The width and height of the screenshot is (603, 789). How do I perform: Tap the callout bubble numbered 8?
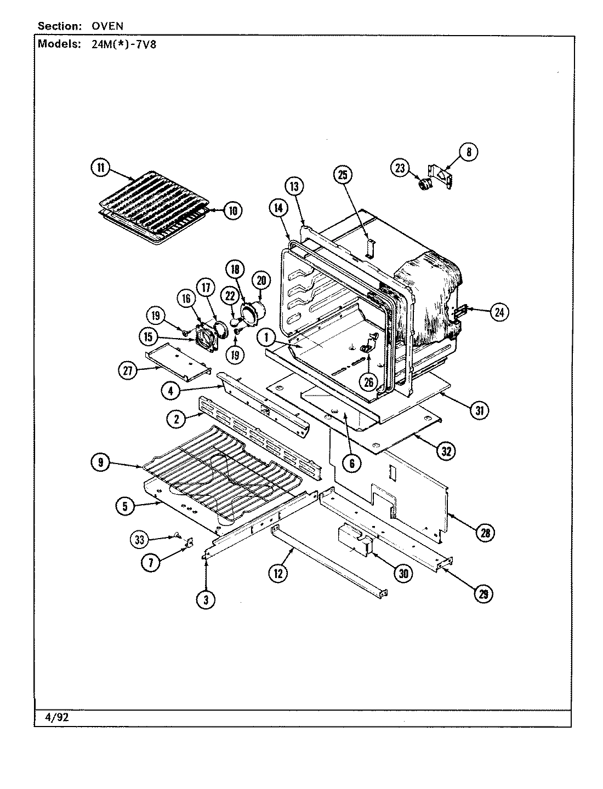469,152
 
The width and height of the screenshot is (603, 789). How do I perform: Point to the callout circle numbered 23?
400,168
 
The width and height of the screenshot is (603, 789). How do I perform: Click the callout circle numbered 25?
343,175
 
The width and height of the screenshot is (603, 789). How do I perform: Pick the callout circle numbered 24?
499,312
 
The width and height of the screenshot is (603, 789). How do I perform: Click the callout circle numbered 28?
485,532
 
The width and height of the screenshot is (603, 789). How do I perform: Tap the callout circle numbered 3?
206,599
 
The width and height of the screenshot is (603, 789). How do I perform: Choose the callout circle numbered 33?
140,540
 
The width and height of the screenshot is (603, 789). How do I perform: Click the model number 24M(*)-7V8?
121,44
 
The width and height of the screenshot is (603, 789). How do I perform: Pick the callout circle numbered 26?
368,382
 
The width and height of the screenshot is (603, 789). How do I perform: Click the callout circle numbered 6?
352,464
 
